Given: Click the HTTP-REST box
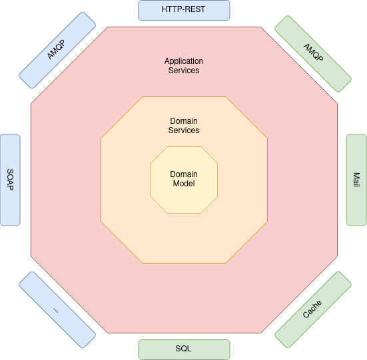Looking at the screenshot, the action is [184, 10].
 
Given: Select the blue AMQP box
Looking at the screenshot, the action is [57, 51].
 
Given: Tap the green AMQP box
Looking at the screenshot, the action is [313, 54].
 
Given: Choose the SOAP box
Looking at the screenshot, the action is [10, 180].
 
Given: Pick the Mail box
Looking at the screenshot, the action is [356, 180].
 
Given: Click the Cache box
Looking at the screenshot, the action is [313, 309].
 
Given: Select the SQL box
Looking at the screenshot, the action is [184, 349].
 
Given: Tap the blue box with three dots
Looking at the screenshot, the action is [57, 309].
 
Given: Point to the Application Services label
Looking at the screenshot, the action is [184, 66].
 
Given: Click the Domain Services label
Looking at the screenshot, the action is [184, 126].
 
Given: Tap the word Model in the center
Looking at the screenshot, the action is [184, 184].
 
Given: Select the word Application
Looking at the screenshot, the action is [184, 61].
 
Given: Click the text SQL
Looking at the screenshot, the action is [184, 349].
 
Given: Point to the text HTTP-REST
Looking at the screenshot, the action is [183, 9].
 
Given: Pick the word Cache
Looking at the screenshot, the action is [312, 309].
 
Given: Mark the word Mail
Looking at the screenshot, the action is [356, 180].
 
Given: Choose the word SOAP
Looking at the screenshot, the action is [10, 180].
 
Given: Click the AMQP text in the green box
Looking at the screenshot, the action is [314, 52].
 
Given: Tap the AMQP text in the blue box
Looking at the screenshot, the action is [56, 49].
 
